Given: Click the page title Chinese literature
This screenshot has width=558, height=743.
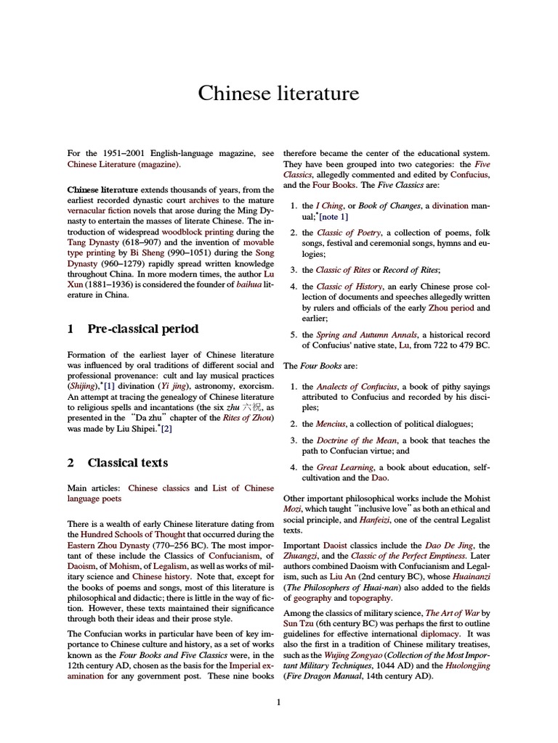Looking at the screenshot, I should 278,94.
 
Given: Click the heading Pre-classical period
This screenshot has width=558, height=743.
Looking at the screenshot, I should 143,329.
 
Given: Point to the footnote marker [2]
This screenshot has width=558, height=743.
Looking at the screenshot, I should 166,429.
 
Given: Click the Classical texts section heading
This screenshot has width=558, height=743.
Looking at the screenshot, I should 128,462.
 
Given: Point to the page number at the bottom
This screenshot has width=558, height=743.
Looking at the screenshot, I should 278,702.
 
